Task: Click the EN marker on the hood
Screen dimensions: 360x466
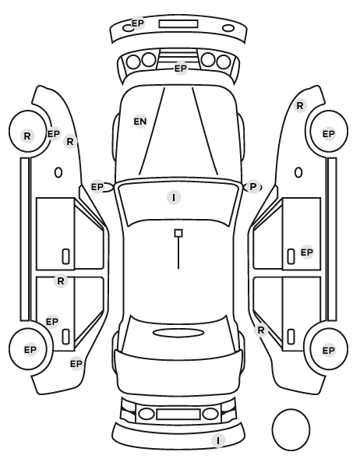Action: click(140, 122)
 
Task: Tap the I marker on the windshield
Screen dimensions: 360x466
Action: click(174, 198)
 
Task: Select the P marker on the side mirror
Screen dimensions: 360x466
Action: click(252, 187)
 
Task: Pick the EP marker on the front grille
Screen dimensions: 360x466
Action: click(181, 69)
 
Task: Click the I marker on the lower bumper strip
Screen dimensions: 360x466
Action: click(218, 440)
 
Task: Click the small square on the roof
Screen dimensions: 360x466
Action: click(178, 233)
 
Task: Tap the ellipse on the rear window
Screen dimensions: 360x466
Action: click(178, 333)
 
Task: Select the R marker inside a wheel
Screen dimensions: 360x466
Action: click(27, 136)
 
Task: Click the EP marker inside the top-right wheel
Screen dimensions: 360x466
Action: click(329, 134)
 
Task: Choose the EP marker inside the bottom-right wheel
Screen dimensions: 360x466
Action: click(329, 351)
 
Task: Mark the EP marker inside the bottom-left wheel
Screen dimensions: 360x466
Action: click(30, 350)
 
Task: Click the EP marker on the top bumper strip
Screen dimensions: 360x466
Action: click(138, 23)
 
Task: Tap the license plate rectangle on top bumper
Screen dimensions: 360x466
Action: click(178, 24)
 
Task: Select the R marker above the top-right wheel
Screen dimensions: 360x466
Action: click(300, 105)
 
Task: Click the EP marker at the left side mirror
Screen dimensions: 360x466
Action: click(97, 187)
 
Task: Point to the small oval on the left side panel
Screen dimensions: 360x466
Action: click(58, 172)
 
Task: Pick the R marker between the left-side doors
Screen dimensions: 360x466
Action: click(61, 281)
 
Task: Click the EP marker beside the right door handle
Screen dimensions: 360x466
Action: click(307, 252)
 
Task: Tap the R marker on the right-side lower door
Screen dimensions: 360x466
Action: click(261, 330)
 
